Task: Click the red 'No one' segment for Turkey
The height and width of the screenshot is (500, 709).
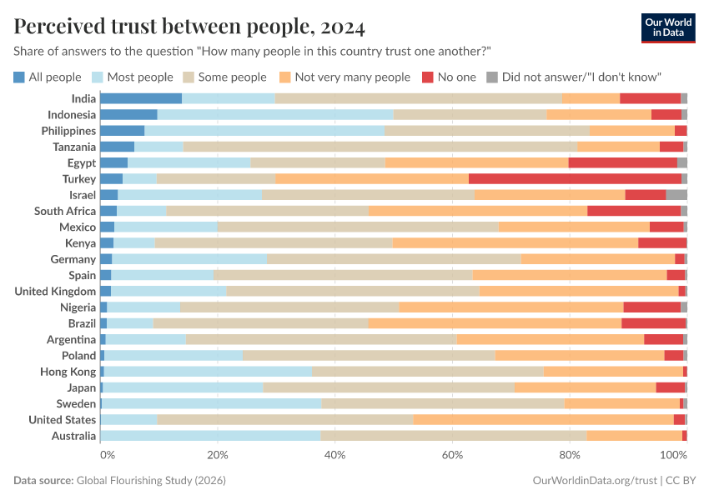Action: tap(575, 178)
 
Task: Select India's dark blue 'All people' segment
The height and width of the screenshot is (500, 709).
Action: tap(140, 98)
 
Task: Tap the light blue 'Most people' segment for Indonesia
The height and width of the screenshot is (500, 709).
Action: tap(274, 114)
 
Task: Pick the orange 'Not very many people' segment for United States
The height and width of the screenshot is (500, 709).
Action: tap(543, 419)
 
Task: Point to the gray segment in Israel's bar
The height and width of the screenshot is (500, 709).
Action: tap(676, 194)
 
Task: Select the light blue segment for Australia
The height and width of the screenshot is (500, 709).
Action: tap(210, 436)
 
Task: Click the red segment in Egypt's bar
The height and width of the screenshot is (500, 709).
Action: tap(622, 162)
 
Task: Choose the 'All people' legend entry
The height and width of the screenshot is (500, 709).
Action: tap(48, 77)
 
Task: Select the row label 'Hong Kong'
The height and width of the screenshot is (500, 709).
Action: tap(68, 372)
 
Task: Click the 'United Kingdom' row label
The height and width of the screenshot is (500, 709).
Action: tap(56, 291)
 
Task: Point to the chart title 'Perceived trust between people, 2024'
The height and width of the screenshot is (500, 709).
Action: tap(189, 27)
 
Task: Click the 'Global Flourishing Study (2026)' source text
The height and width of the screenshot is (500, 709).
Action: tap(151, 481)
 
